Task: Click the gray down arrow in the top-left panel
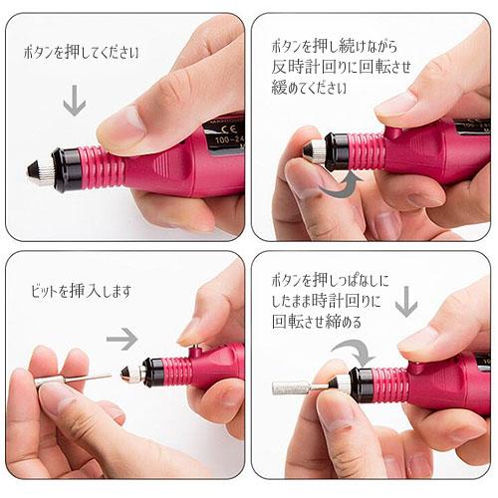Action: point(74,100)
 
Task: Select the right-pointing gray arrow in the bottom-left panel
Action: point(122,339)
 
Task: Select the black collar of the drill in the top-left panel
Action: point(68,169)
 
